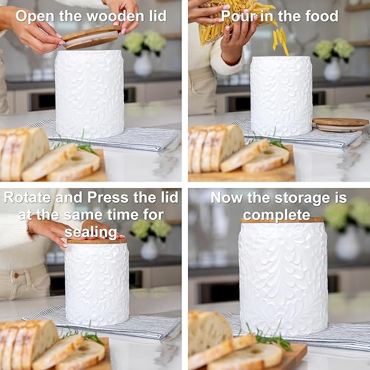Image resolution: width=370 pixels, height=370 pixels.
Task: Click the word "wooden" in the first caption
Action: pos(116,16)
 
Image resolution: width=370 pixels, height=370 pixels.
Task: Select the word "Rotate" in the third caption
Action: pos(27,197)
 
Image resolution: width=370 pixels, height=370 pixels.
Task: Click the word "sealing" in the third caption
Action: pos(91,232)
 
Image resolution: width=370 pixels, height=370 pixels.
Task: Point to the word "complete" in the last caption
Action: pos(277,215)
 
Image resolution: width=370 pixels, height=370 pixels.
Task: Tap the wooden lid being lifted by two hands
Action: pos(91,37)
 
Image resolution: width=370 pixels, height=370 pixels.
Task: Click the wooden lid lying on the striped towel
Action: pos(340,124)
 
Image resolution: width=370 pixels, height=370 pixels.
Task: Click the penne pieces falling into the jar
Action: pos(281,41)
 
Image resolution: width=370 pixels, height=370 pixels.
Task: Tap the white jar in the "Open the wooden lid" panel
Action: pos(89,94)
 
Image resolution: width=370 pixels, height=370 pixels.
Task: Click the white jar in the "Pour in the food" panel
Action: pos(281,96)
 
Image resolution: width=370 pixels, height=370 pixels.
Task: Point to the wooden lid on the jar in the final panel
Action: pos(282,220)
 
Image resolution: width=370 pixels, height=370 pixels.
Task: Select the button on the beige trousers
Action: pos(16,275)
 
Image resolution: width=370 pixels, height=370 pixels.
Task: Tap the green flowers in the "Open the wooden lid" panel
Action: pos(144,43)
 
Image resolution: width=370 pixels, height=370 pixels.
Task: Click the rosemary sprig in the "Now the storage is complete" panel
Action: pos(271,337)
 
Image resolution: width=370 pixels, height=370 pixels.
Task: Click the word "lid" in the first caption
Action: pos(157,16)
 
